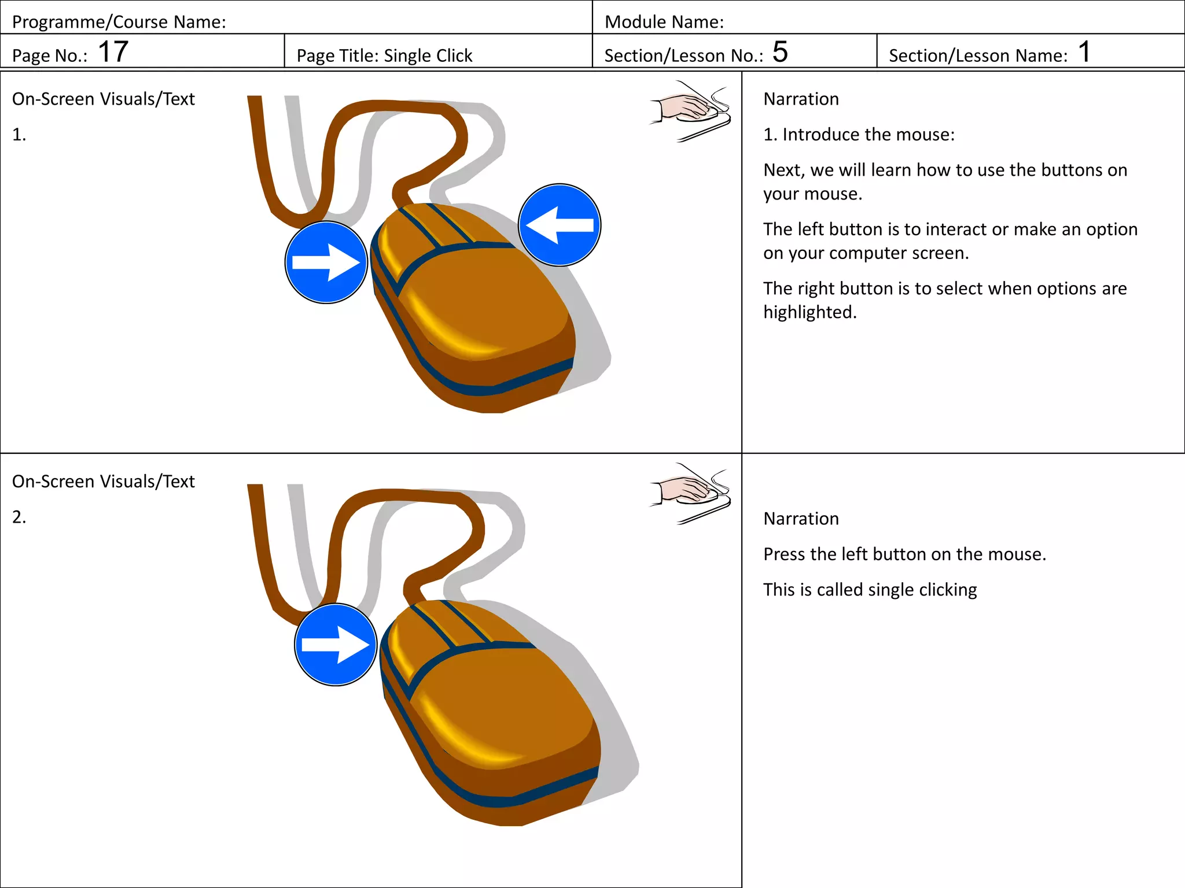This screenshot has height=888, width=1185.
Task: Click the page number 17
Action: pos(113,51)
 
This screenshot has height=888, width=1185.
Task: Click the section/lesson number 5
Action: pos(779,51)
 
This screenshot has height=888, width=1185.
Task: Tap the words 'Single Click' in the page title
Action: pos(428,55)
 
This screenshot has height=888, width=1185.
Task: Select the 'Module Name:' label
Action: pos(664,22)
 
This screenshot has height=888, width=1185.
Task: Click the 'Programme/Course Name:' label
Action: pos(119,22)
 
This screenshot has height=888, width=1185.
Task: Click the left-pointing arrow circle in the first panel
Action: pos(559,225)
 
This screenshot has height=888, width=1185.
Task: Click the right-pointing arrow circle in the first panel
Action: pos(326,262)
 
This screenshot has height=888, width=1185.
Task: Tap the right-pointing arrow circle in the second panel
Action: pos(336,645)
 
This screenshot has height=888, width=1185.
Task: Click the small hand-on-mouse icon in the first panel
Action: pos(690,110)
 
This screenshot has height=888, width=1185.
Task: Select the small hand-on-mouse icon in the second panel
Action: pos(690,493)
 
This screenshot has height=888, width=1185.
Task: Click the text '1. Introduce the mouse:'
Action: pos(859,134)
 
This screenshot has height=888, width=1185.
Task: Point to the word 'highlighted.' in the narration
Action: pos(809,312)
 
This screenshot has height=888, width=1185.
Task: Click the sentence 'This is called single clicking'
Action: pos(870,590)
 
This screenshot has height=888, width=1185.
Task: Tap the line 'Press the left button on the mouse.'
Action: pos(904,554)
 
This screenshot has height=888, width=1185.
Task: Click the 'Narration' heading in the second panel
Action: pos(801,519)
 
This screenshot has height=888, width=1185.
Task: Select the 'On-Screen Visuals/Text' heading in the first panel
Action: pos(103,99)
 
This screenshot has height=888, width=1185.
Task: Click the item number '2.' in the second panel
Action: pos(19,517)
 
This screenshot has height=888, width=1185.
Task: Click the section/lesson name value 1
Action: pos(1084,51)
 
